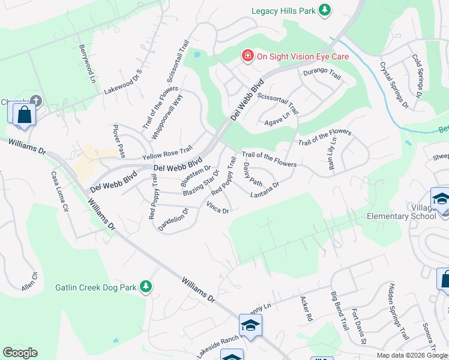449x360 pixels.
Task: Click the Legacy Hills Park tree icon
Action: [x=325, y=10]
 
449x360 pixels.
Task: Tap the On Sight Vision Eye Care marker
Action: [x=247, y=56]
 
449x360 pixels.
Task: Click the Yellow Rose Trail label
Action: [x=167, y=152]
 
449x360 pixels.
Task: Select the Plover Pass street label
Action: [x=119, y=141]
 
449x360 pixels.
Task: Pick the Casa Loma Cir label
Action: [x=60, y=191]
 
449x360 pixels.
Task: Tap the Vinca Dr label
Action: [x=217, y=208]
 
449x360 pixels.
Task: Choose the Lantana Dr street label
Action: [x=265, y=190]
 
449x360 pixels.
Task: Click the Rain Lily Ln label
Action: [x=331, y=154]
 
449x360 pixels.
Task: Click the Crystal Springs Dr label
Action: [x=394, y=85]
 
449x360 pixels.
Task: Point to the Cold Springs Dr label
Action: [x=418, y=76]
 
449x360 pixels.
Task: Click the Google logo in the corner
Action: [x=20, y=352]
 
